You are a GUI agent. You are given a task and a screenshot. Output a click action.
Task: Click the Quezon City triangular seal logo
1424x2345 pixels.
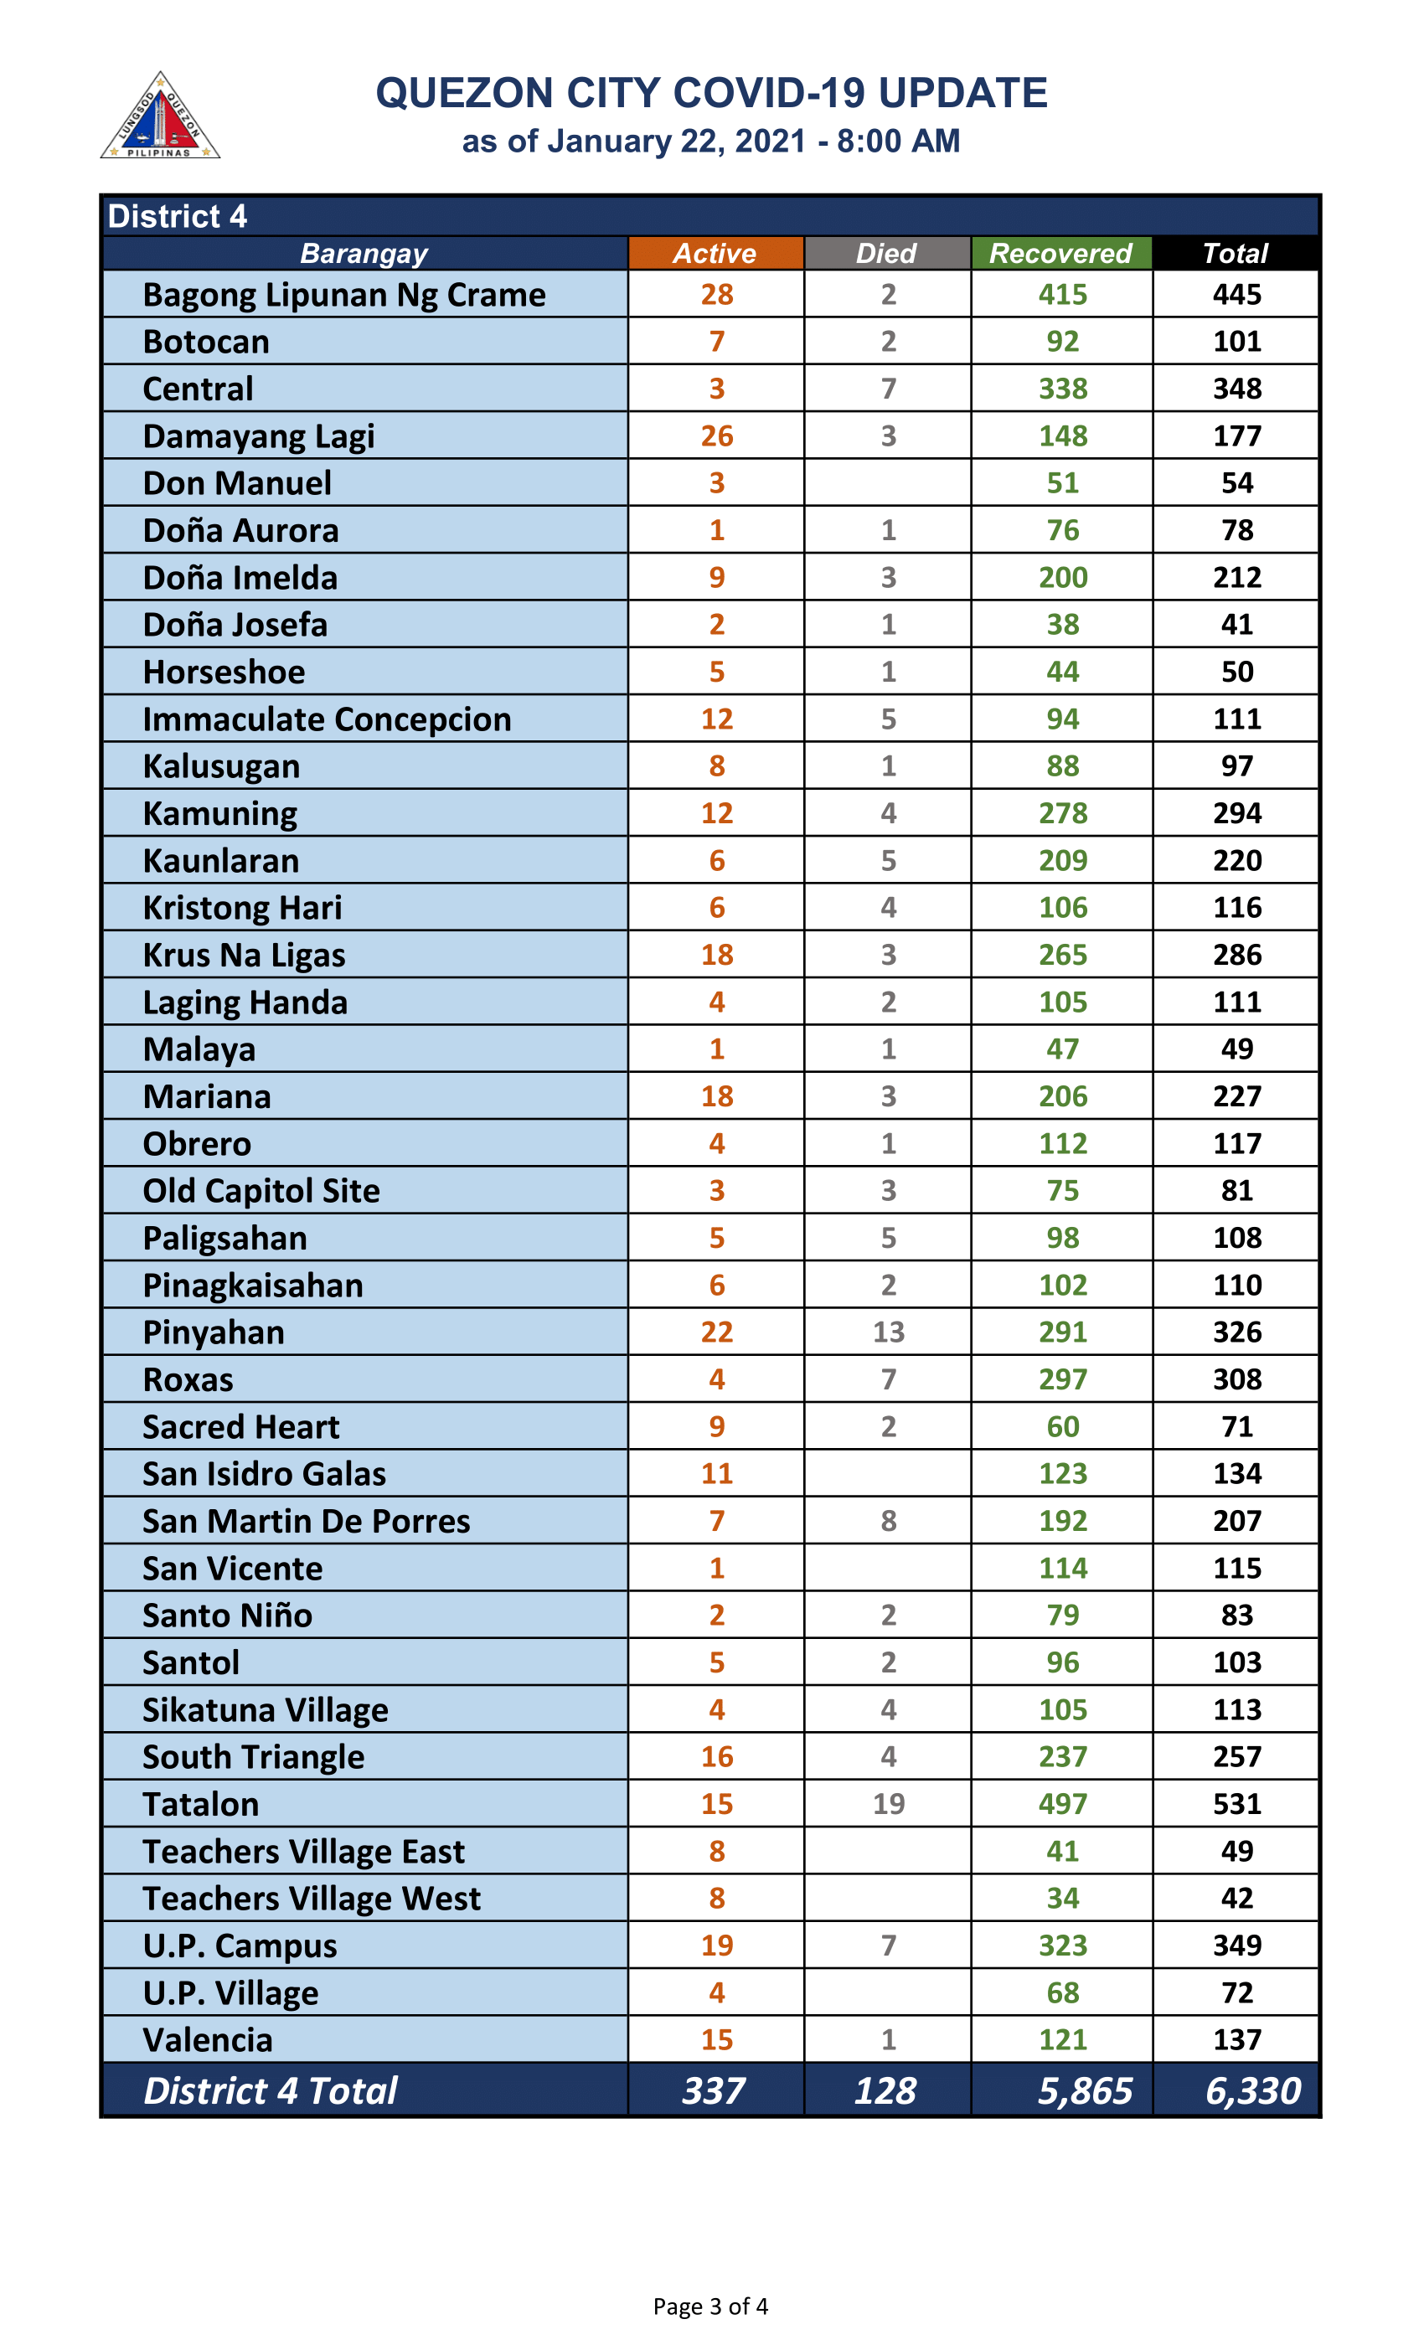click(x=160, y=117)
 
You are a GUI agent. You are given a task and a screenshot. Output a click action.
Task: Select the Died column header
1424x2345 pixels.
click(x=886, y=253)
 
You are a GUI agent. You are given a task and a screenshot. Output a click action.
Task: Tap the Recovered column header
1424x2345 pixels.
click(x=1060, y=253)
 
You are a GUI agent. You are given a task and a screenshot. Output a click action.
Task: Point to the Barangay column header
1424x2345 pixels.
click(x=364, y=253)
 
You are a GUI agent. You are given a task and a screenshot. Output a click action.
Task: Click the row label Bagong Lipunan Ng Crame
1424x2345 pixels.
click(x=343, y=295)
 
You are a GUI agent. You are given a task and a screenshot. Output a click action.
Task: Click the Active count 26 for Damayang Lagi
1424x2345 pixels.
click(x=717, y=435)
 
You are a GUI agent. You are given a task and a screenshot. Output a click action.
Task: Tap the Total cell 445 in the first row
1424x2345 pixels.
click(x=1236, y=295)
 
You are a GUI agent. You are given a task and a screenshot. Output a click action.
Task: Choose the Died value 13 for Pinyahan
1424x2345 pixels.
click(x=888, y=1332)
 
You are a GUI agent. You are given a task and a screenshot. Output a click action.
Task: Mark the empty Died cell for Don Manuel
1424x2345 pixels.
click(x=887, y=482)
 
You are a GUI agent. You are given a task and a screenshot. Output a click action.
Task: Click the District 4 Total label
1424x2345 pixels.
click(x=271, y=2091)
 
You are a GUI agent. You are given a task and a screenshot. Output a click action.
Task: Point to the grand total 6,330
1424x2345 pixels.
click(x=1251, y=2091)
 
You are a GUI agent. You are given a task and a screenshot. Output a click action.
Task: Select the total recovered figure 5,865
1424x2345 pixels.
click(x=1084, y=2091)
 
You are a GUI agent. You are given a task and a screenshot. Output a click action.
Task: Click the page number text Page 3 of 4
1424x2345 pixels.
click(x=710, y=2306)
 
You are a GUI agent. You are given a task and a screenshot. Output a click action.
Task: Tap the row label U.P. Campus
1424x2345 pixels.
click(x=240, y=1946)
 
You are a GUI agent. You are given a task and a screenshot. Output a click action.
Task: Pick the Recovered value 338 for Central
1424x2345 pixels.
click(x=1062, y=389)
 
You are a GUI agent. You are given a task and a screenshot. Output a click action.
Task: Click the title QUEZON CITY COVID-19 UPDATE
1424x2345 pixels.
click(x=711, y=93)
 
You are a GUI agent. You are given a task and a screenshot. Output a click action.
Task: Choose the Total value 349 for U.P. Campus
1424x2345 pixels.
click(x=1236, y=1946)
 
